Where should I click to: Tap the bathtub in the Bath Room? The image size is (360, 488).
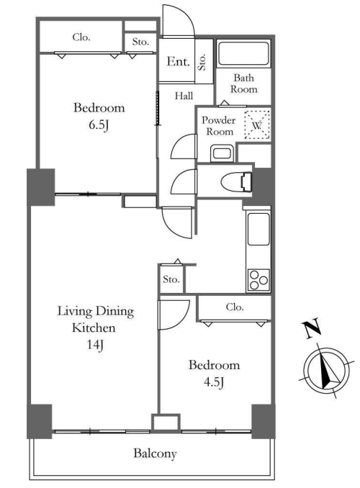pos(243,53)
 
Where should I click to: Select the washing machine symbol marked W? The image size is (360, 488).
pos(257,125)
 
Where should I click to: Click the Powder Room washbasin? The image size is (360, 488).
pos(222,153)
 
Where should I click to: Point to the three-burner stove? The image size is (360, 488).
pos(258,280)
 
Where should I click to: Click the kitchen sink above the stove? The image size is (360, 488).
pos(258,229)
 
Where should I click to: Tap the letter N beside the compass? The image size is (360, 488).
pos(312,328)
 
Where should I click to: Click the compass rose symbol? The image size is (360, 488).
pos(327,371)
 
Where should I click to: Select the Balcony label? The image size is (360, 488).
pos(155,453)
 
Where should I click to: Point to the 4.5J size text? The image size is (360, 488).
pos(214,382)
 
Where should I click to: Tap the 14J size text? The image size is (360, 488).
pos(95,345)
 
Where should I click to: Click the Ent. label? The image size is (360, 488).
pos(178,61)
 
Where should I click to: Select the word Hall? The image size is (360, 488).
pos(184,96)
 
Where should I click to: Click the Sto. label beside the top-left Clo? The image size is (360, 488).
pos(140,42)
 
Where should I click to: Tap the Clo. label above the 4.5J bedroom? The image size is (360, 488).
pos(235,307)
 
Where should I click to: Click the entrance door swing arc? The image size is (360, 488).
pos(184,14)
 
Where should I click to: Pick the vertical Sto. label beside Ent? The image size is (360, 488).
pos(202,62)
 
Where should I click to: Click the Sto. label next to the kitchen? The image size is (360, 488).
pos(171,279)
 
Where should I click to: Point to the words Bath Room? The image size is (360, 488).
pos(244,83)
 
